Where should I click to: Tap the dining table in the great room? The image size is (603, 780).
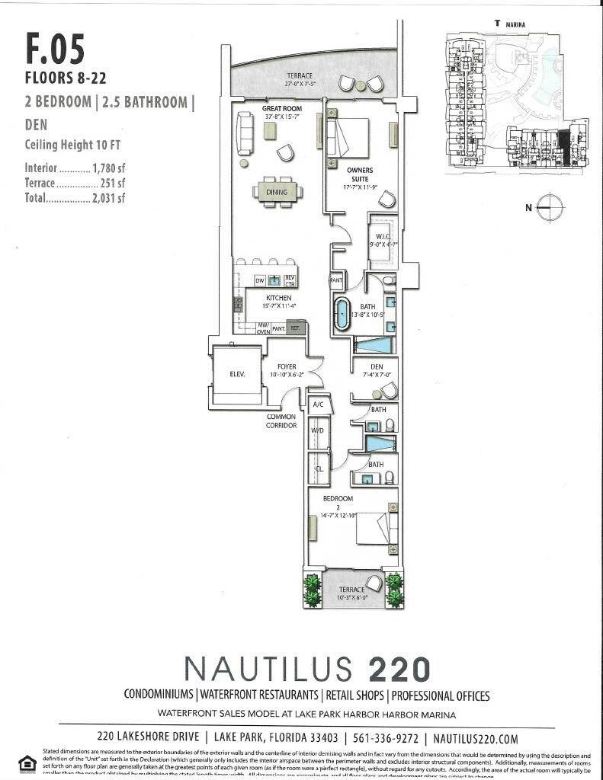(x=277, y=192)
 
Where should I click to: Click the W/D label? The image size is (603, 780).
(x=318, y=431)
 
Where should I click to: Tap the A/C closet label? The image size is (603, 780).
(x=318, y=404)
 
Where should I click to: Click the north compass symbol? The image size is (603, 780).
(x=547, y=206)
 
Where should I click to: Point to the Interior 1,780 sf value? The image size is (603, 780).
(x=108, y=168)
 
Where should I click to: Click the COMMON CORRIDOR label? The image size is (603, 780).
(x=281, y=421)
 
